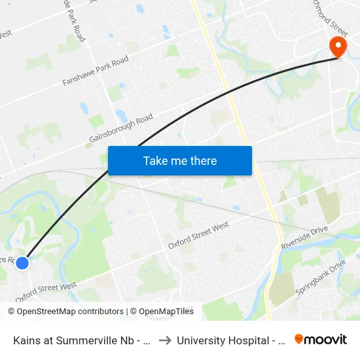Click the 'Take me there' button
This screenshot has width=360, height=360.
180,160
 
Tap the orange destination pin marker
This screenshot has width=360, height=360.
338,46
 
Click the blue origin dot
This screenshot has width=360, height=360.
22,262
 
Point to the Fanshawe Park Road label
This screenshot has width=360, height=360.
95,71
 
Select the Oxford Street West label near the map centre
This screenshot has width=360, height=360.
198,235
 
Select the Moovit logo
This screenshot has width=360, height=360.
321,340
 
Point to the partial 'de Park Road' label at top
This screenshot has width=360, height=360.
73,20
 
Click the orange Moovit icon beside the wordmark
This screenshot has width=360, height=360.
299,339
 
